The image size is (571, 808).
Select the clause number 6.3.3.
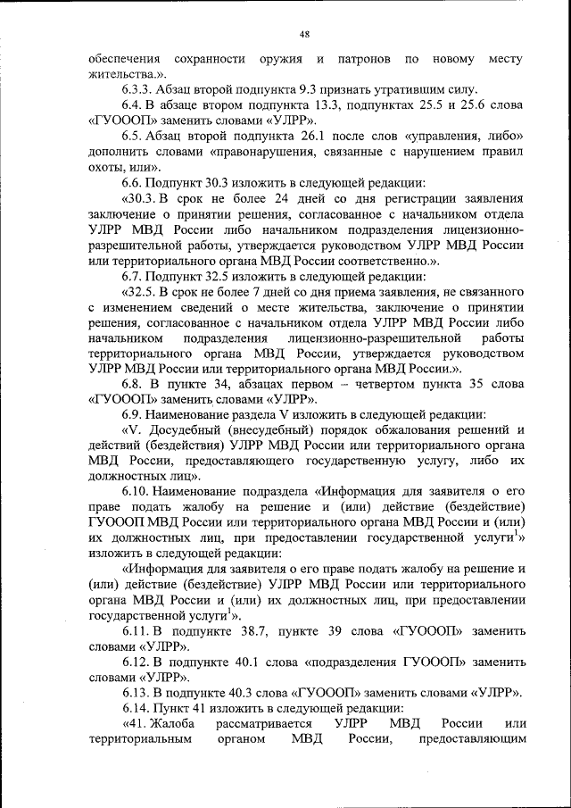click(x=137, y=89)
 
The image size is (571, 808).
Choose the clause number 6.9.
click(x=132, y=414)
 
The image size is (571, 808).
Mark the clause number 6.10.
click(x=136, y=491)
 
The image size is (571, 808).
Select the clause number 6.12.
click(x=136, y=662)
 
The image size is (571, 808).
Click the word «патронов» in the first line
click(x=363, y=59)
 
